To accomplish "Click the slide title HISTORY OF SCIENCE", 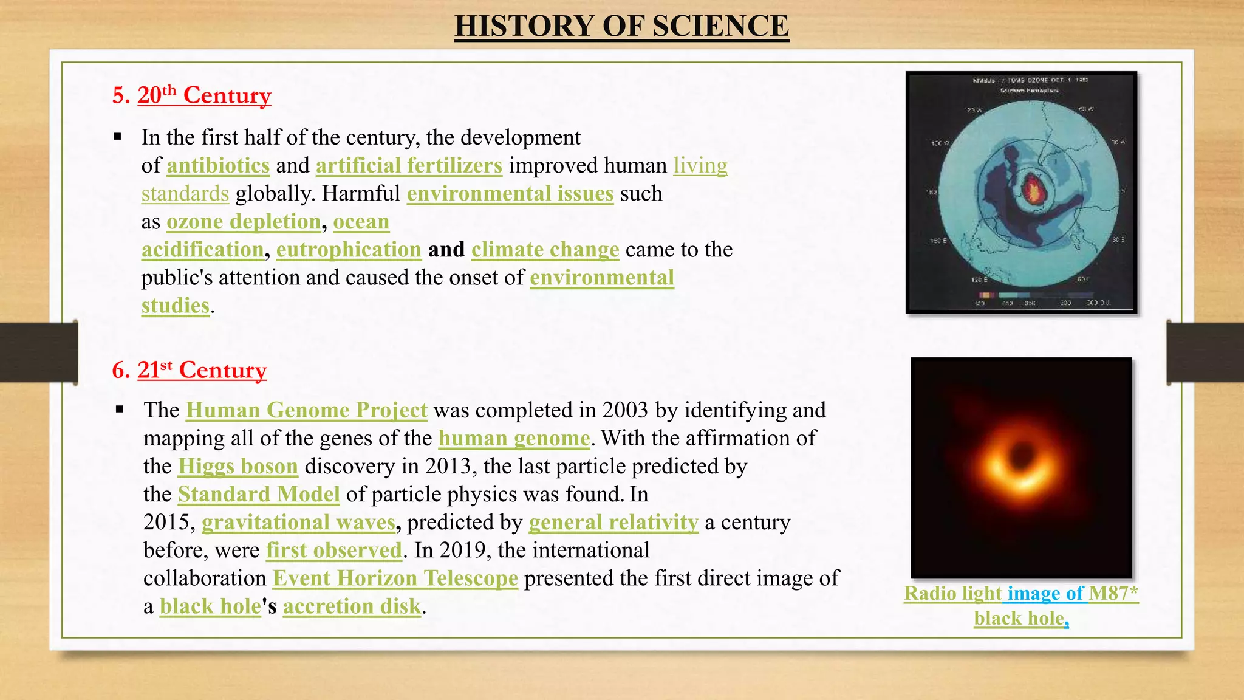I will (621, 27).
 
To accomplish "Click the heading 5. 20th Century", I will (191, 95).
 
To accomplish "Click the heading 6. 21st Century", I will (189, 370).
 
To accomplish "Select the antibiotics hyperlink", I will (218, 166).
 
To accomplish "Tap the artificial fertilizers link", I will (409, 166).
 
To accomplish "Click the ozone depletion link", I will (244, 222).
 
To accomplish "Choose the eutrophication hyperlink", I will (349, 250).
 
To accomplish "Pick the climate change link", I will (545, 250).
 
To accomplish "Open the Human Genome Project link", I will (306, 410).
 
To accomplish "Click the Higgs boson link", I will (238, 467).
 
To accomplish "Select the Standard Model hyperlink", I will (258, 495).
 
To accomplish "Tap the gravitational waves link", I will (298, 523).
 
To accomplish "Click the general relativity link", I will (613, 523).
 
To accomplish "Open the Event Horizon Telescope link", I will (395, 578).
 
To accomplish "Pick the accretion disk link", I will (352, 606).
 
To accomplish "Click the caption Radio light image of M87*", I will (1020, 594).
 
